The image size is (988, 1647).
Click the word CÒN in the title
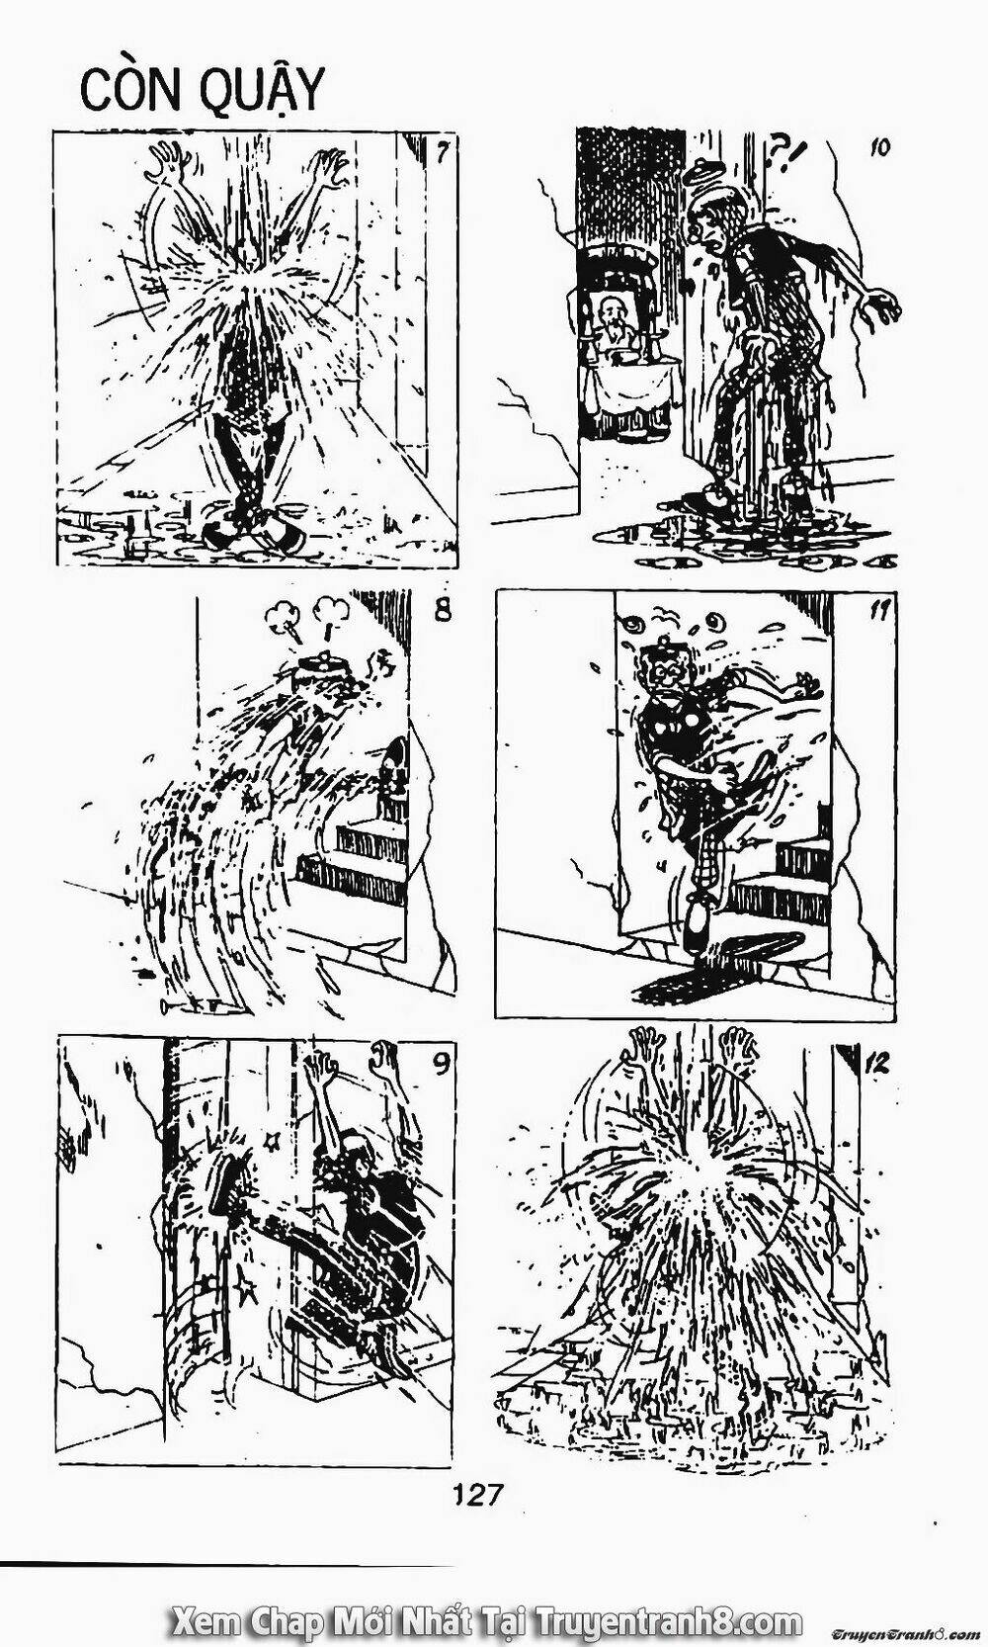point(127,91)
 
